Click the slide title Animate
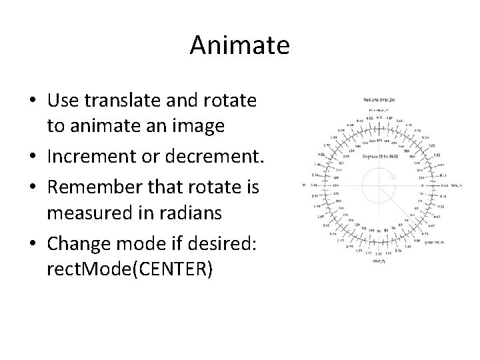(x=239, y=46)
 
